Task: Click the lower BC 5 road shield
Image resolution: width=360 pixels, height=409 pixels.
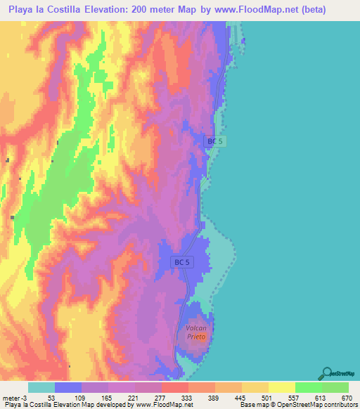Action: [x=181, y=262]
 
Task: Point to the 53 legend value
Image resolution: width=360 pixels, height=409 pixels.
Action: [x=51, y=398]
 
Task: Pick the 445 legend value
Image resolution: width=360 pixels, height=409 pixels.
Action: [x=242, y=398]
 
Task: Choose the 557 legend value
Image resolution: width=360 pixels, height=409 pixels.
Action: [x=295, y=398]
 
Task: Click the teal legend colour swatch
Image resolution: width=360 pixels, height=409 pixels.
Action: [x=41, y=387]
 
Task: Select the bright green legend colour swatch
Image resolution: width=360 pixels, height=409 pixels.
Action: [x=309, y=387]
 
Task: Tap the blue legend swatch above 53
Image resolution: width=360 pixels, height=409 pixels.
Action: [x=68, y=387]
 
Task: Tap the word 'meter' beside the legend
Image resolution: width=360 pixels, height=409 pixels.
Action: [x=12, y=398]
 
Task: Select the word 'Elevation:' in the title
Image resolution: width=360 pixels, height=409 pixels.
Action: [x=125, y=10]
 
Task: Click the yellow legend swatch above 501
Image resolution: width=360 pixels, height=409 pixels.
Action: [x=255, y=387]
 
